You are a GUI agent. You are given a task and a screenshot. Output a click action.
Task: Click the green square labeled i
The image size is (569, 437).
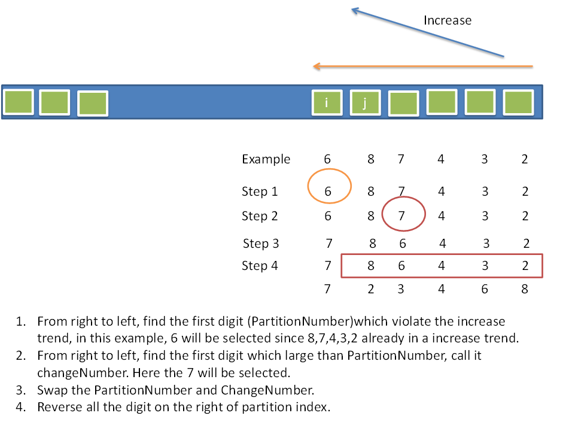(x=327, y=102)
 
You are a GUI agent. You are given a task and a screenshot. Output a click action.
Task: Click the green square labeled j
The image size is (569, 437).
(x=365, y=103)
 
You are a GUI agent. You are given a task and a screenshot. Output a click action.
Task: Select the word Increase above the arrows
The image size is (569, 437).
(x=447, y=20)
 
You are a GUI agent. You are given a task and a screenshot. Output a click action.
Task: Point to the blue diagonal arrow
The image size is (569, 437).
(x=427, y=33)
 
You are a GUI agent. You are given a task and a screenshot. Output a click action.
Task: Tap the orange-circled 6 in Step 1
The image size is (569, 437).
(x=328, y=192)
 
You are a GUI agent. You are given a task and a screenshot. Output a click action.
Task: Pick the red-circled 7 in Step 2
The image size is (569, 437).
(x=402, y=216)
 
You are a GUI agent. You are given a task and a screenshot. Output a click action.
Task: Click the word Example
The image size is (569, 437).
(x=266, y=159)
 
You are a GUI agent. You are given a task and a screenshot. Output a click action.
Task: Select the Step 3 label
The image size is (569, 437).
(x=261, y=244)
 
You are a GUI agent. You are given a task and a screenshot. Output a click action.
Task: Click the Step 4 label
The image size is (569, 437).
(x=260, y=265)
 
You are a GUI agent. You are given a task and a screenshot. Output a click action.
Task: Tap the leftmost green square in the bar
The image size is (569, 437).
(x=19, y=102)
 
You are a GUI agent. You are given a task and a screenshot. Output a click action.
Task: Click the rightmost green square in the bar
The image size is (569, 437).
(x=518, y=102)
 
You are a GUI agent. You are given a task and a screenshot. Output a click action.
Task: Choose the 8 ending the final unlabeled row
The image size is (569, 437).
(x=525, y=289)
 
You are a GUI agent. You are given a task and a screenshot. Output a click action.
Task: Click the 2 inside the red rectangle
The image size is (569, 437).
(x=525, y=266)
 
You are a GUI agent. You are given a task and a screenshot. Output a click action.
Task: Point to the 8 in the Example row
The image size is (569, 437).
(x=371, y=159)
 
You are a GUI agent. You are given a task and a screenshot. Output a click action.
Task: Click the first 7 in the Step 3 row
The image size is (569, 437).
(x=328, y=244)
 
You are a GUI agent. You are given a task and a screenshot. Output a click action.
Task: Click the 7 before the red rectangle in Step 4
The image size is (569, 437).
(x=328, y=266)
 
